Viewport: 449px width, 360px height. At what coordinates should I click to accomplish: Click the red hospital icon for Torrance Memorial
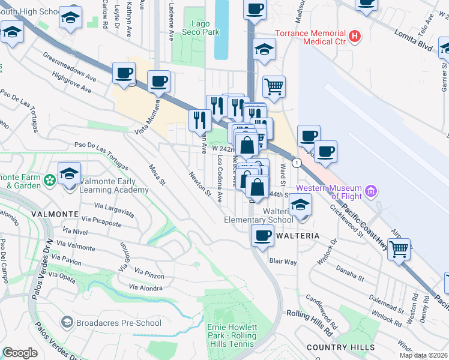(356, 37)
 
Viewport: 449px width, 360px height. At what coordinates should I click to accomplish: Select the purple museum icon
(372, 192)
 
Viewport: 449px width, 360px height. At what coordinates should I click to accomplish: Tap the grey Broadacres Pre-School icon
(67, 323)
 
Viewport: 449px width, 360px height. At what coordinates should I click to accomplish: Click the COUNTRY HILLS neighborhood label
(340, 347)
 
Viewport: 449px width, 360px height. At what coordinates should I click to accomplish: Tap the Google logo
(20, 353)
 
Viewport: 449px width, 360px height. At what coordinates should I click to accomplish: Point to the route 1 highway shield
(296, 163)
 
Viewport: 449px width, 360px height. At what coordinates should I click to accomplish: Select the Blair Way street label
(283, 262)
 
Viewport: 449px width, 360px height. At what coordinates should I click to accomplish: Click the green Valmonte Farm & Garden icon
(49, 179)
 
